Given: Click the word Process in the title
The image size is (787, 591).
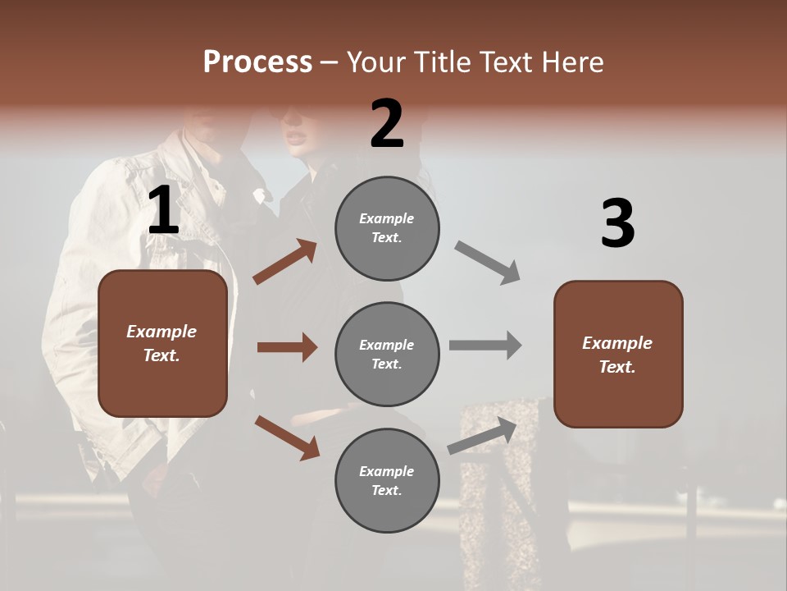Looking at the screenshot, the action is (x=257, y=62).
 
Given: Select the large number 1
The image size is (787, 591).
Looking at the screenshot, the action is (x=163, y=211).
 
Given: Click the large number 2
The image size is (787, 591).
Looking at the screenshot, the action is (x=387, y=124).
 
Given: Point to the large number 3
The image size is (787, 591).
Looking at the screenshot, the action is (x=617, y=223).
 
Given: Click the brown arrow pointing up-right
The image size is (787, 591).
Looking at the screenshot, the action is (x=285, y=262).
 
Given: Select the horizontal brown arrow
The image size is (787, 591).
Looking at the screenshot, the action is (x=287, y=347).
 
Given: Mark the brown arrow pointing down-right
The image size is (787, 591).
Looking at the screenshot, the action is (x=287, y=438).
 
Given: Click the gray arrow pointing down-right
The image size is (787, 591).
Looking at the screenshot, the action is (x=488, y=263).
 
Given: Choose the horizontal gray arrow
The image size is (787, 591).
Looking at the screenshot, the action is (x=485, y=345).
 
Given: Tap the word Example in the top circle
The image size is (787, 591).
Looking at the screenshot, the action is (x=386, y=219).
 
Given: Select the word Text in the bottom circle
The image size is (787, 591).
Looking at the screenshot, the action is (x=385, y=490).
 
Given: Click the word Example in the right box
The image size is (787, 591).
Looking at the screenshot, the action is (x=617, y=343).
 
